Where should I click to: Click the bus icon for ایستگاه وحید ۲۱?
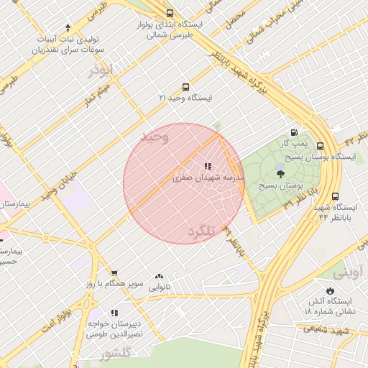coord(186,86)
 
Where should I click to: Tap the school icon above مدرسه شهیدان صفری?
coord(208,166)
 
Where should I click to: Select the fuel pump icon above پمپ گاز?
coord(294,132)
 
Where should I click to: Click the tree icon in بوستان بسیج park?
coord(280,172)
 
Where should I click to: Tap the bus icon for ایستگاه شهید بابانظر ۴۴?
coord(335,195)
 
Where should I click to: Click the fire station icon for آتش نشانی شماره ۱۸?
coord(329,290)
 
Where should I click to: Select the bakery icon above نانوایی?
coord(158,276)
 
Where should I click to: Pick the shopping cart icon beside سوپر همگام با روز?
coord(114,272)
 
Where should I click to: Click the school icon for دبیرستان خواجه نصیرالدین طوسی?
coord(114,313)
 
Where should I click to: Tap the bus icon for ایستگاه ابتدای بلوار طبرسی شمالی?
coord(170,13)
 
